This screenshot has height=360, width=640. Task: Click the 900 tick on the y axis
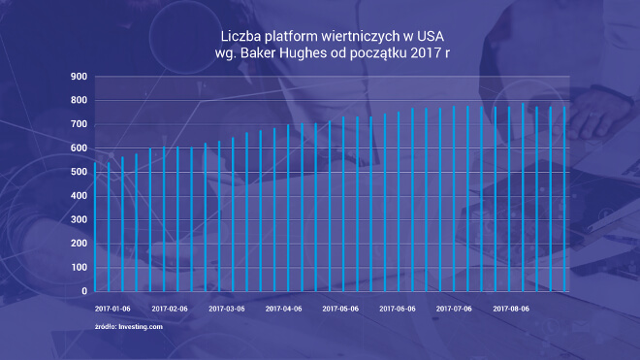(x=80, y=77)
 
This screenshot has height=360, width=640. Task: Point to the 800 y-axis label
(x=80, y=101)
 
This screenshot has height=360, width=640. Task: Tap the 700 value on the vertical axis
(x=80, y=124)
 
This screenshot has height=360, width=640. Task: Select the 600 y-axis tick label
(x=80, y=148)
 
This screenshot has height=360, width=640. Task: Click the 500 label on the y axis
(x=80, y=172)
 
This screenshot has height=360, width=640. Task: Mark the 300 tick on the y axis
(x=80, y=219)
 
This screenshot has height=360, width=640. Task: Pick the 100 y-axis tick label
(x=80, y=267)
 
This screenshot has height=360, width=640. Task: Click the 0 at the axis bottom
(x=84, y=291)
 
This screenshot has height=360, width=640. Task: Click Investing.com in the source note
(x=141, y=327)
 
